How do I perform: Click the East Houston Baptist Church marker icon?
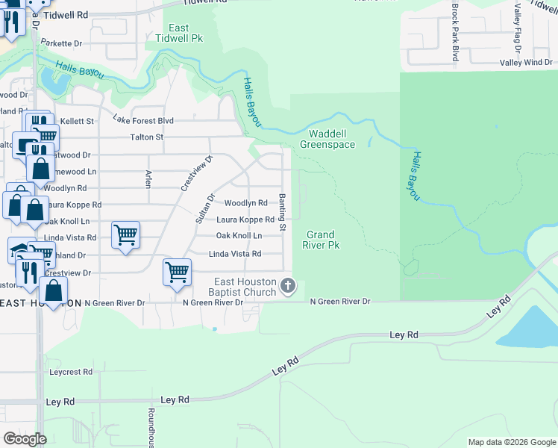coord(288,285)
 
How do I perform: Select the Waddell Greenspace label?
coord(327,139)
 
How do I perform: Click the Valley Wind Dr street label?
coord(526,63)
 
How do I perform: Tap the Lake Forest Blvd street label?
coord(143,119)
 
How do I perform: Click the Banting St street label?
coord(283,213)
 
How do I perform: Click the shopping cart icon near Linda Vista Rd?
coord(125,234)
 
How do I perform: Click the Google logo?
coord(25,439)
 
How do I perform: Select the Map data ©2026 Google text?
coord(512,442)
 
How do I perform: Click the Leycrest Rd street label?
coord(71,371)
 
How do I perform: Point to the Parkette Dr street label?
coord(61,44)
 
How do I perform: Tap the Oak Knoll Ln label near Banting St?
coord(239,236)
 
